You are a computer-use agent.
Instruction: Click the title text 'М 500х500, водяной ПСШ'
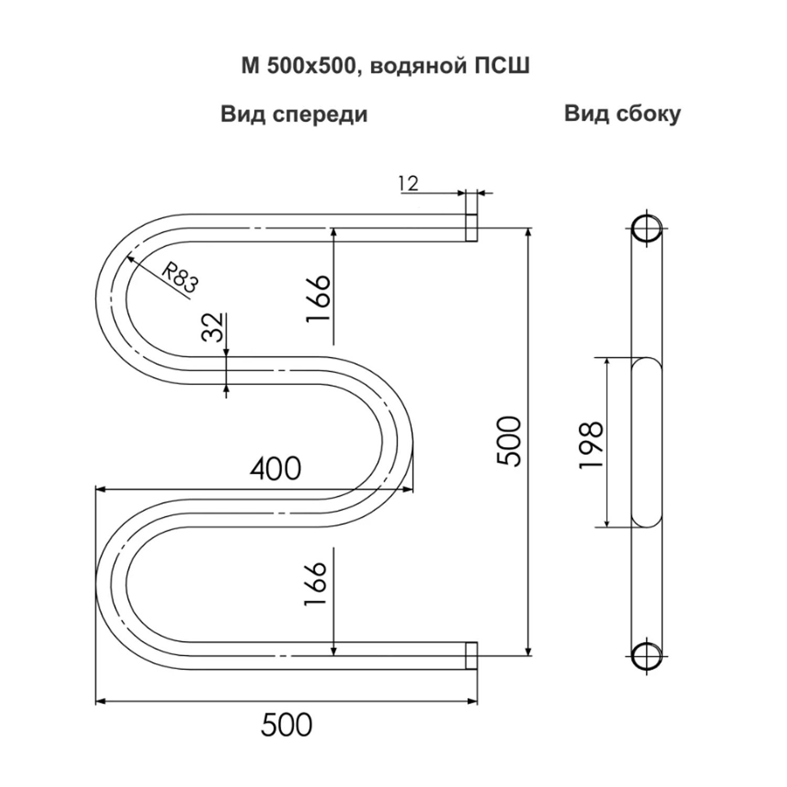tap(385, 67)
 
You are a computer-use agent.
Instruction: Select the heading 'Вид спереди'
tap(294, 114)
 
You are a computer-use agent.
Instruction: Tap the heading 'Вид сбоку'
tap(623, 113)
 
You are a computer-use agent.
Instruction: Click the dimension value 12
tap(408, 184)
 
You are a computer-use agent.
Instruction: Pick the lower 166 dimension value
tap(316, 584)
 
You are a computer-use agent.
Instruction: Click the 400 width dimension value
tap(275, 469)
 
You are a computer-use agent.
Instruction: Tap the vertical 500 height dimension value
tap(508, 441)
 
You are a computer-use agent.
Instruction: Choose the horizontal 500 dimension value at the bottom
tap(286, 725)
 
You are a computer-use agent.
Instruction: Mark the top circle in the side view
tap(646, 228)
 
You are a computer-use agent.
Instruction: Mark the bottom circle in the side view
tap(646, 656)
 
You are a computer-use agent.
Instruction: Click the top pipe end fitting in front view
tap(472, 228)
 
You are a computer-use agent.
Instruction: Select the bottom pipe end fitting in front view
tap(472, 656)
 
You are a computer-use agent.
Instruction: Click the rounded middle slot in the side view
tap(646, 443)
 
